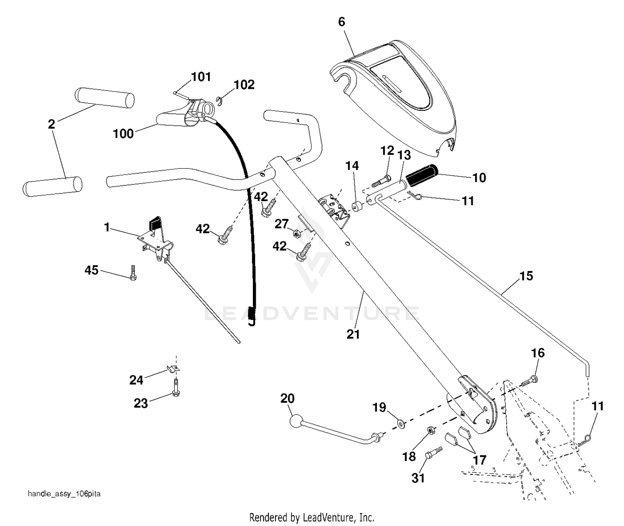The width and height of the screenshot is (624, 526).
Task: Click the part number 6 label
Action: coord(342,22)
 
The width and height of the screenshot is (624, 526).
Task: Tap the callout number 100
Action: coord(123,133)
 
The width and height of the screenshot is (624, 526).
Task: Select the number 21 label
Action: coord(353,334)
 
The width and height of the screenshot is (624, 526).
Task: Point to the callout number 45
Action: coord(92,270)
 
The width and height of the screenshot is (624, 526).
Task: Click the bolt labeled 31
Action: coord(433,453)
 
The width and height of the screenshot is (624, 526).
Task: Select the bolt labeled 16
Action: coord(530,381)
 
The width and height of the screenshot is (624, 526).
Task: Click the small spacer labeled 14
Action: coord(357,207)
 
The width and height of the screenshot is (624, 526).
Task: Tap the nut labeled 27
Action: coord(297,233)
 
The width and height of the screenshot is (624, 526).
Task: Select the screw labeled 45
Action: coord(133,272)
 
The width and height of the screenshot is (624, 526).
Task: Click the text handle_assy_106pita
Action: coord(64,494)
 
